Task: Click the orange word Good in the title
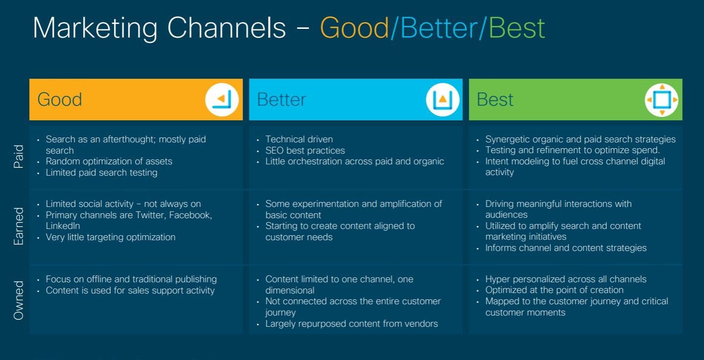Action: (354, 28)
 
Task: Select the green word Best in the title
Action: (517, 28)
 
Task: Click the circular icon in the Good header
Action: (222, 100)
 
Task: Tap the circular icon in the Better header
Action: (443, 100)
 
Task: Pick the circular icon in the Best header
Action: (661, 100)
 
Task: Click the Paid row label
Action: (19, 157)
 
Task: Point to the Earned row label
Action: (19, 226)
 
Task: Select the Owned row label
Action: (19, 300)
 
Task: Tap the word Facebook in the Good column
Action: (190, 215)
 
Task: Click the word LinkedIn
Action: (63, 226)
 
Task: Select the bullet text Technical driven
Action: (299, 139)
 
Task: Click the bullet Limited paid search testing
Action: (101, 173)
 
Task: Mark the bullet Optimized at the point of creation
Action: (554, 290)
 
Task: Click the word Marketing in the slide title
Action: (95, 29)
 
